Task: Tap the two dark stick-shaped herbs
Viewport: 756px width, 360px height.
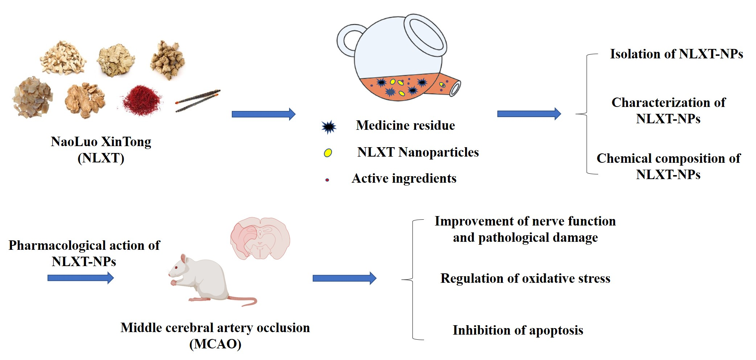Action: (198, 100)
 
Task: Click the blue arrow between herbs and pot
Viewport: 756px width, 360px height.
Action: (263, 114)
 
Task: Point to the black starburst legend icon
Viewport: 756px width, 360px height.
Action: (329, 127)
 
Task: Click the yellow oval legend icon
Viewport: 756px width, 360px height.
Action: (328, 153)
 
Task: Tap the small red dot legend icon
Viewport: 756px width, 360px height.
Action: (327, 180)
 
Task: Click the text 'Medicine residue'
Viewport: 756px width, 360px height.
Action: (405, 125)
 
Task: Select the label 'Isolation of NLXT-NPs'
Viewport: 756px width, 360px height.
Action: (676, 54)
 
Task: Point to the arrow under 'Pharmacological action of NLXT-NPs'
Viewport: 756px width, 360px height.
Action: (81, 278)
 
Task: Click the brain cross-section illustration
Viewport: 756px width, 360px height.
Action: (260, 238)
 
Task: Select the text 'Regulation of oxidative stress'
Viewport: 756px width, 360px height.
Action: (525, 278)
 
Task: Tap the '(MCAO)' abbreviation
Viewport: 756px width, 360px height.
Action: (215, 344)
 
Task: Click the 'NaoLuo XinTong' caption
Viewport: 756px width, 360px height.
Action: (101, 142)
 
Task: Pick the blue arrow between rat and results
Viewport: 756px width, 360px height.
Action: (344, 278)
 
